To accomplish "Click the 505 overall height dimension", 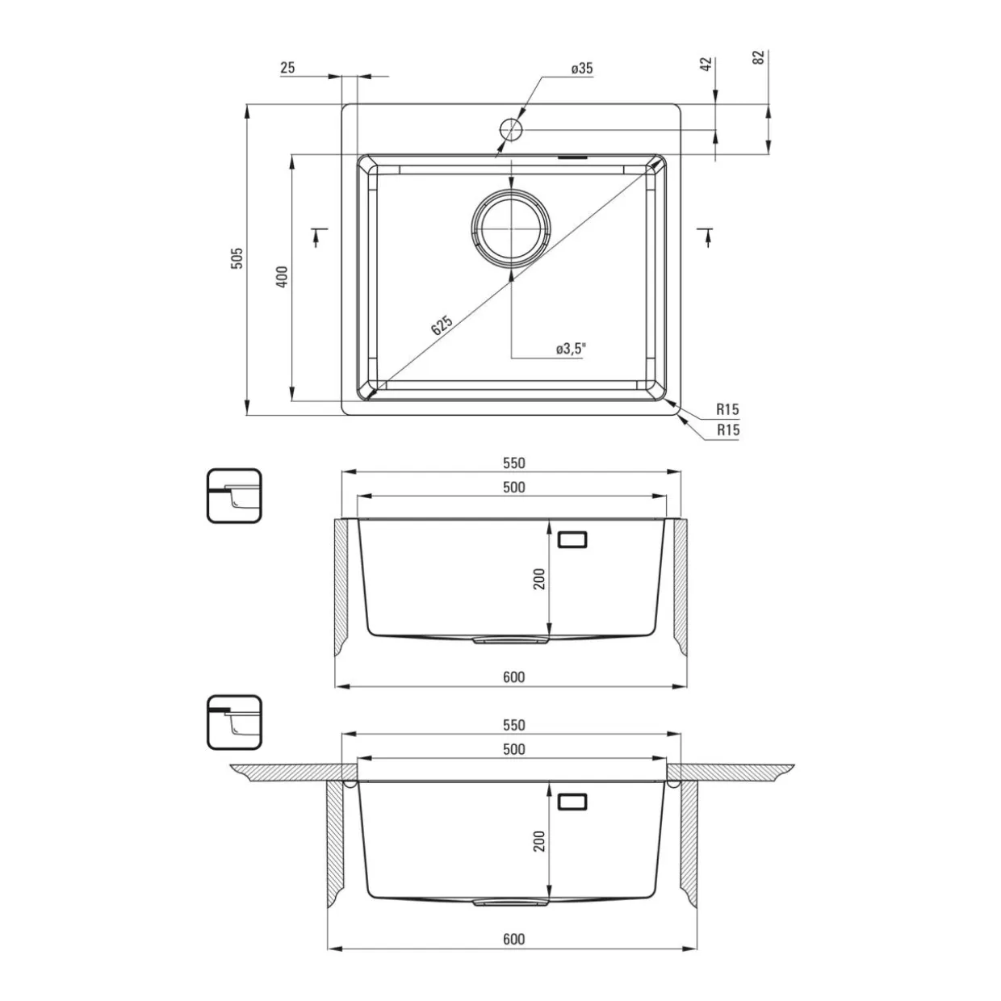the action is [x=237, y=258].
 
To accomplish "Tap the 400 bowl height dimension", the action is [x=282, y=277].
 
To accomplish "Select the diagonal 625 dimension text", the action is [x=442, y=325].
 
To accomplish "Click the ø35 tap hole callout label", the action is [x=582, y=68].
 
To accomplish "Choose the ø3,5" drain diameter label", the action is [x=571, y=349].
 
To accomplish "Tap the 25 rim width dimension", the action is [x=287, y=68].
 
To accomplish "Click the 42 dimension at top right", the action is [x=706, y=65].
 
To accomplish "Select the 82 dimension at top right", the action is [x=759, y=57].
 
